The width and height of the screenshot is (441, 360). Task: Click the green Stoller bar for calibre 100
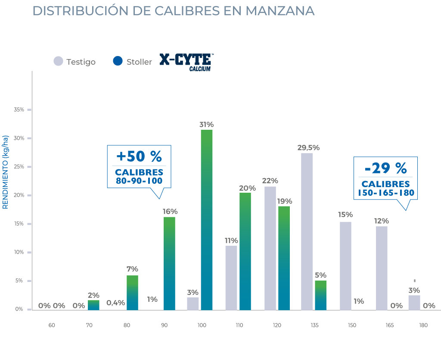(x=207, y=220)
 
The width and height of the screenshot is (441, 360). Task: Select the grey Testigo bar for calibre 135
(x=307, y=232)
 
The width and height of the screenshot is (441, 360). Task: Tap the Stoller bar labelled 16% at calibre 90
(x=169, y=263)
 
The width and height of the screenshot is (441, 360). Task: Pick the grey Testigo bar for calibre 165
(x=382, y=268)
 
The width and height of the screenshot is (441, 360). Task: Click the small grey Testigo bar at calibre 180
(x=414, y=302)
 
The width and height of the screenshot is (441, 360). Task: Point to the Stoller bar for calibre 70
(x=93, y=305)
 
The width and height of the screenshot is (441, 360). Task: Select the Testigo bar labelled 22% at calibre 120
(x=270, y=248)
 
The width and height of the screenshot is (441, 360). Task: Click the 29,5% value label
(x=308, y=147)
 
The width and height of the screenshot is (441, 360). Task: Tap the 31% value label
(x=206, y=125)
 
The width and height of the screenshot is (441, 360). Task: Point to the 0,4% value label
(x=116, y=303)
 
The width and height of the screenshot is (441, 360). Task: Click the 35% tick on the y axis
(x=19, y=110)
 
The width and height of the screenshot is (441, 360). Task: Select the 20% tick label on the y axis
(x=19, y=195)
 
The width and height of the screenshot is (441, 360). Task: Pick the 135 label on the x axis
(x=314, y=325)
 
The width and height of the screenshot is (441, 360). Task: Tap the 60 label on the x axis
(x=52, y=325)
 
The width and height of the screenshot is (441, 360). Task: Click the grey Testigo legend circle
(x=58, y=61)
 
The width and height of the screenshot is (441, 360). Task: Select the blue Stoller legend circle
(x=118, y=61)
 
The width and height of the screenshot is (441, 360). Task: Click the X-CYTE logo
(x=186, y=61)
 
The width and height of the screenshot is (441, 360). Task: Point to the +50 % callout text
(x=139, y=156)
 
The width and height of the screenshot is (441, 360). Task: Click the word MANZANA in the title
(x=280, y=11)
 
